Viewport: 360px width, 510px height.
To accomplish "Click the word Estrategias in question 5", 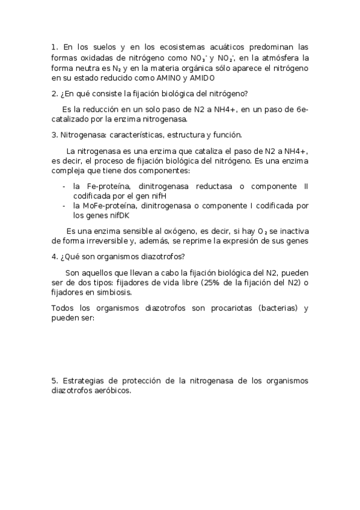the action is pyautogui.click(x=85, y=381).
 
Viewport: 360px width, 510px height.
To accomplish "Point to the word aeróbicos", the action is pyautogui.click(x=112, y=390).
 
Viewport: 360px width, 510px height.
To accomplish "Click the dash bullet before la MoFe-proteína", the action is pyautogui.click(x=64, y=206).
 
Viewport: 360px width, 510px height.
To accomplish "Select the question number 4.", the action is pyautogui.click(x=54, y=257).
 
